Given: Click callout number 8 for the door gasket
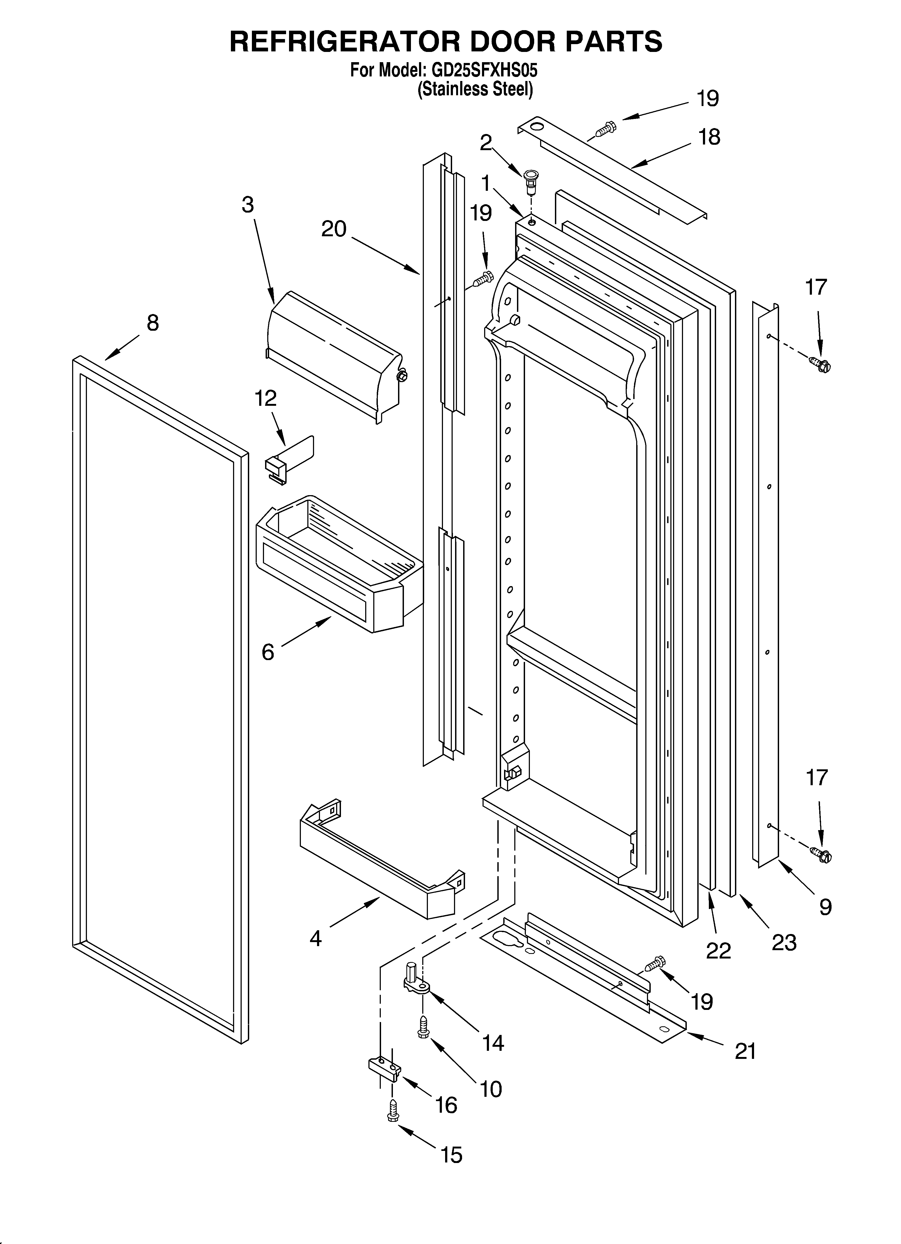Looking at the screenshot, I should point(153,323).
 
